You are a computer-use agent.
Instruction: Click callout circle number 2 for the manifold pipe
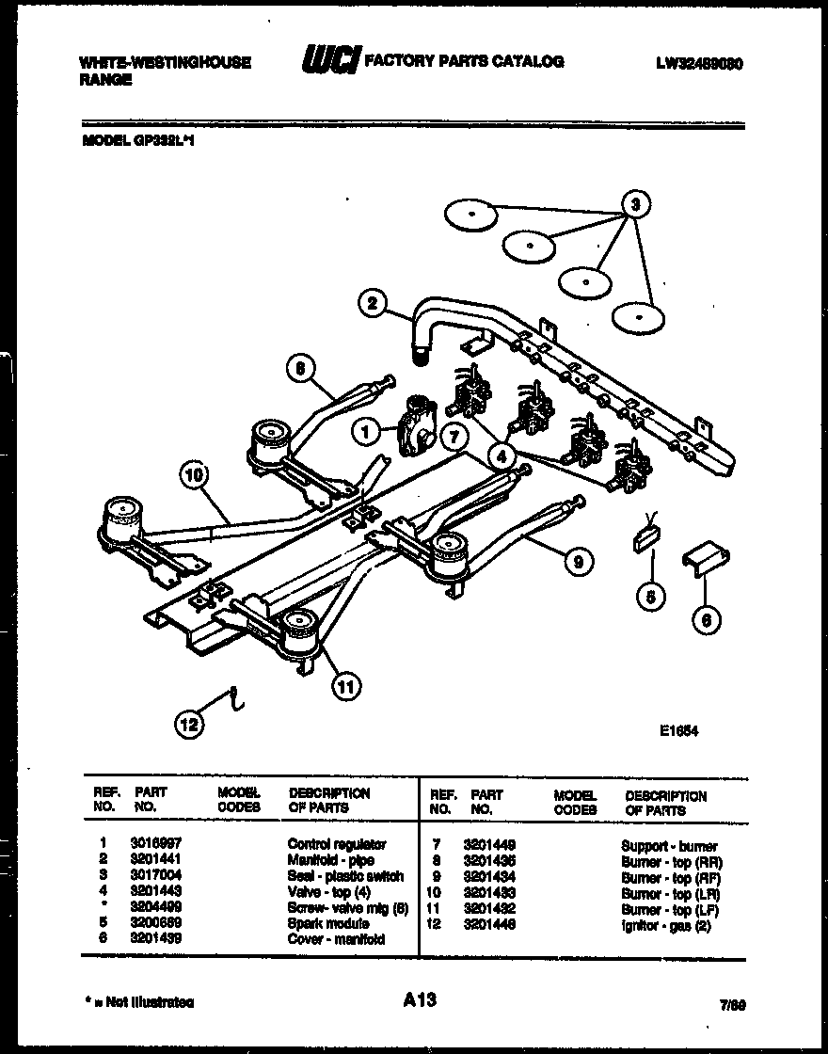pos(373,303)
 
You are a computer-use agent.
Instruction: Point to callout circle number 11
pos(347,687)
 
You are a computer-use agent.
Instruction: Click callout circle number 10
pos(194,477)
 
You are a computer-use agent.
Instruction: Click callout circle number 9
pos(579,562)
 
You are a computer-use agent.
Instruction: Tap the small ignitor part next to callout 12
pos(233,699)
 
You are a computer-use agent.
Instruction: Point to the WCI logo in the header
pos(327,62)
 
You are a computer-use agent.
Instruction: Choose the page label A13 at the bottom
pos(413,999)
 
